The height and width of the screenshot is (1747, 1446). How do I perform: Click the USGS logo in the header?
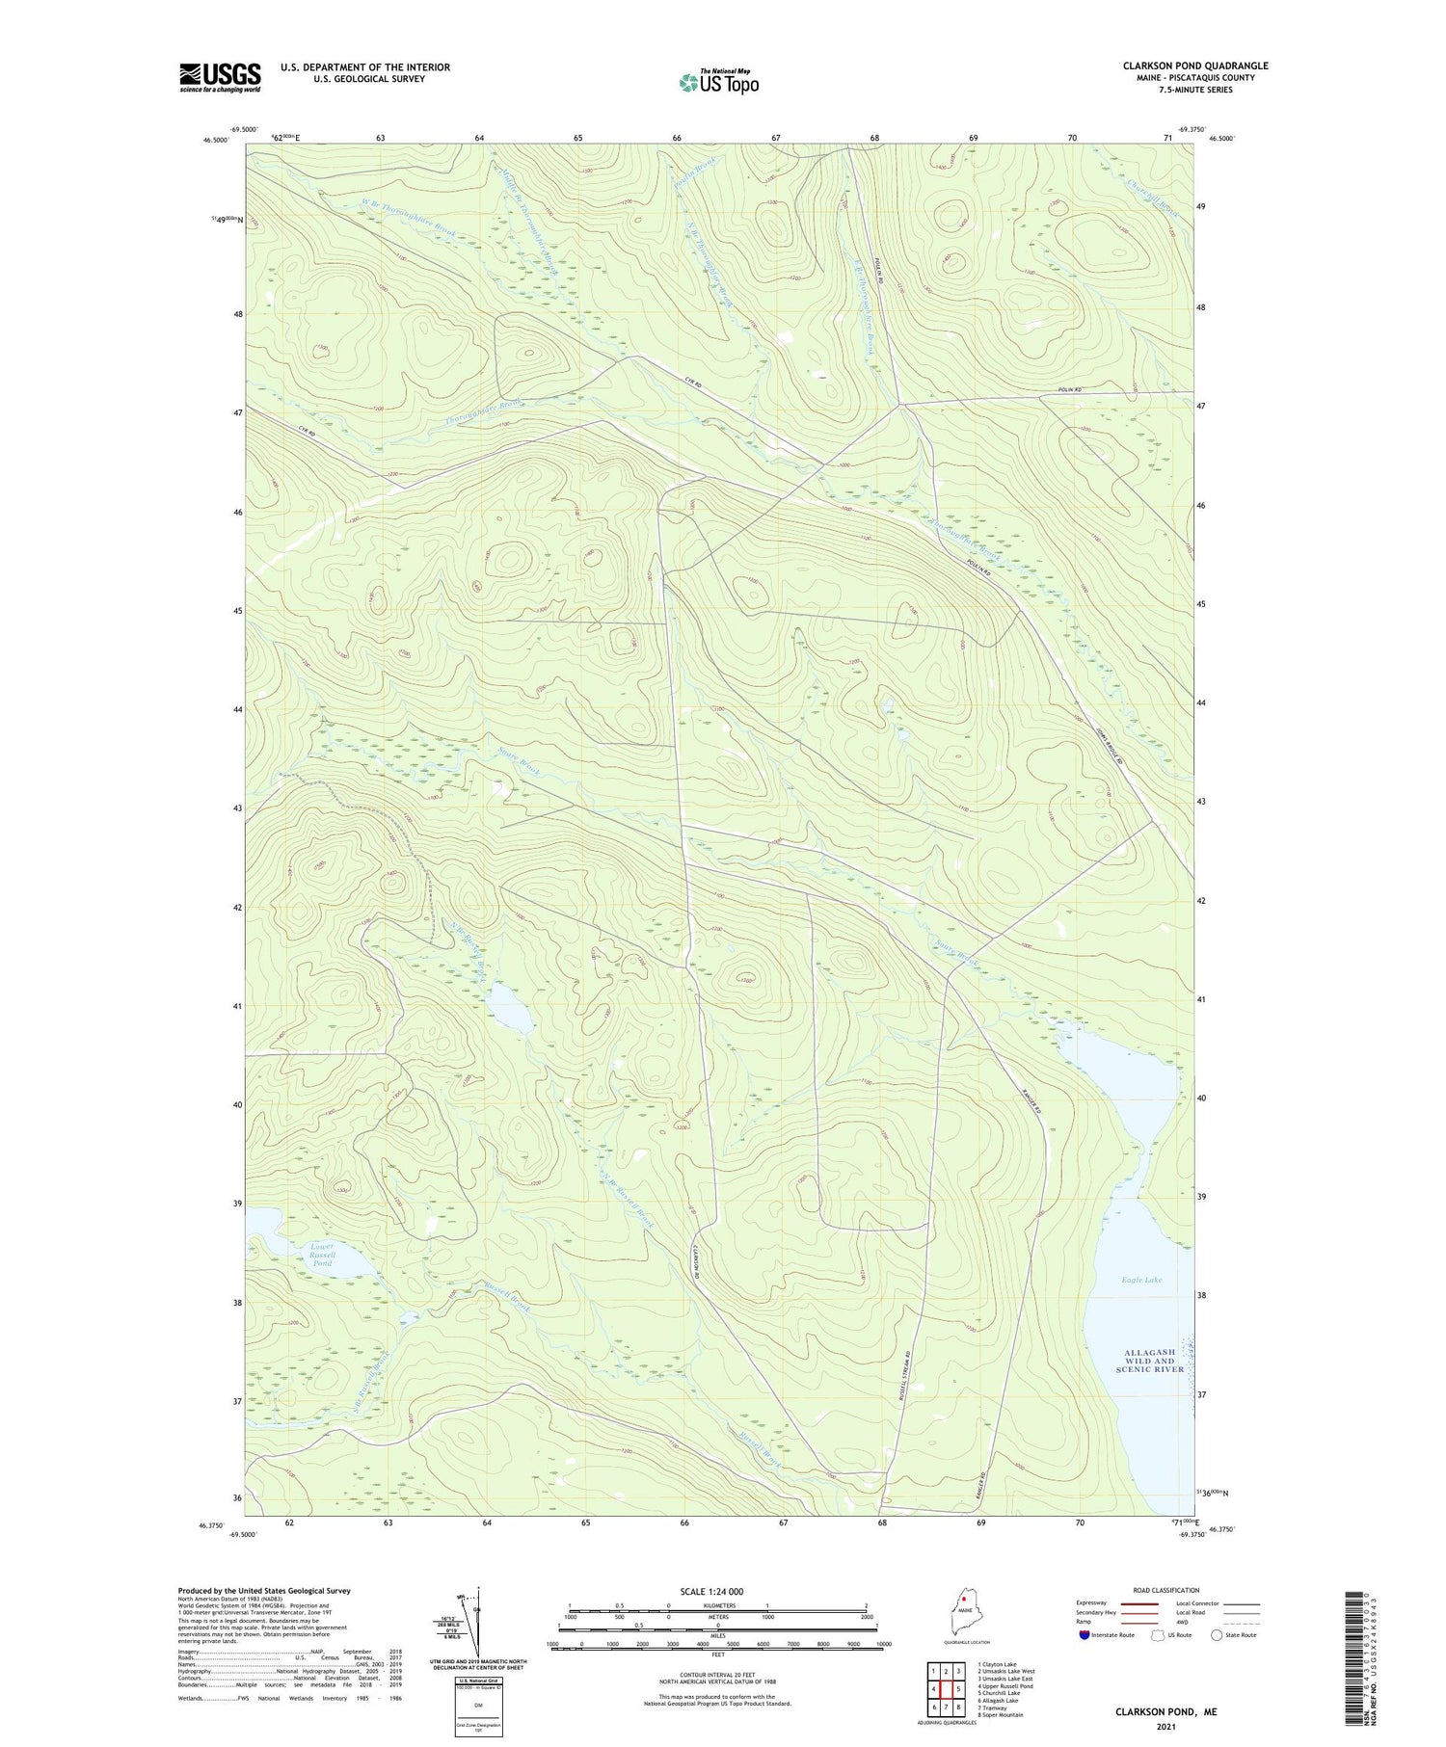tap(220, 77)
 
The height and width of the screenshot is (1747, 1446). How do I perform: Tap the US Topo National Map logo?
tap(718, 82)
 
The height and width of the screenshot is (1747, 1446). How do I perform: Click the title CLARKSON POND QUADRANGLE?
tap(1194, 66)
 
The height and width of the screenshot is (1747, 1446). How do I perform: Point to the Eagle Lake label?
tap(1141, 1280)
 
